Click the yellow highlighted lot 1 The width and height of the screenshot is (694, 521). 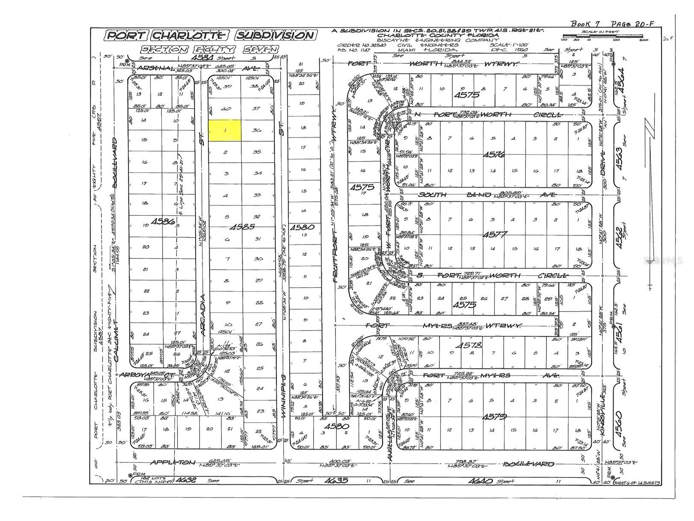225,130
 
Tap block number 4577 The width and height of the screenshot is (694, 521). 495,234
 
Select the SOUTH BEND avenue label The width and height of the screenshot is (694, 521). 432,195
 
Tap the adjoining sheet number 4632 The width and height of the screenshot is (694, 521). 187,480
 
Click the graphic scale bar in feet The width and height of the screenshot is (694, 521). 601,39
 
